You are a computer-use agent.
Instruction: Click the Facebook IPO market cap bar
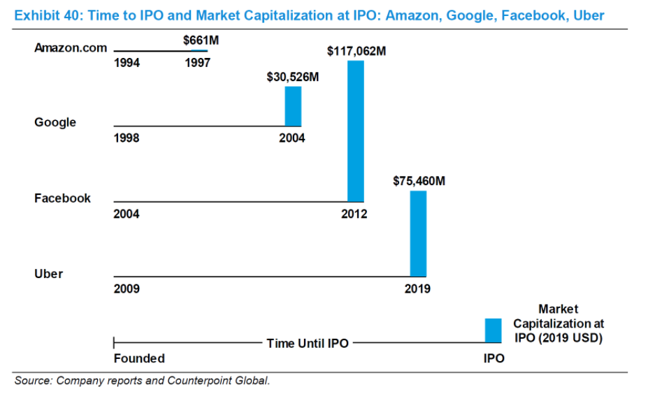[x=356, y=131]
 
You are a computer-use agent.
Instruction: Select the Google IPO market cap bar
[x=293, y=106]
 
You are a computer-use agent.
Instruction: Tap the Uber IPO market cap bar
[x=418, y=233]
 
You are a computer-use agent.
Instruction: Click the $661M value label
[x=201, y=41]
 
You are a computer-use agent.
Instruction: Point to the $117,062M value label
[x=357, y=51]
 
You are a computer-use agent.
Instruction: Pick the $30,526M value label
[x=293, y=77]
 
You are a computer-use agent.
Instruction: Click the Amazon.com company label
[x=71, y=48]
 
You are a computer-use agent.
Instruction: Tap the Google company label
[x=55, y=122]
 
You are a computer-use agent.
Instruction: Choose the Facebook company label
[x=62, y=198]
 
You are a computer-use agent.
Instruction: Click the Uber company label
[x=48, y=274]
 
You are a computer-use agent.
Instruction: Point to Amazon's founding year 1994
[x=127, y=63]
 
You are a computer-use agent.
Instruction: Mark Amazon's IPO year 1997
[x=198, y=63]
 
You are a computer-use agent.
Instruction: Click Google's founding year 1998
[x=127, y=138]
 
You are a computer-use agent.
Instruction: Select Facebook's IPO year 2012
[x=354, y=214]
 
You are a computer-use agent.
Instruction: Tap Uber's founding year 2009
[x=127, y=288]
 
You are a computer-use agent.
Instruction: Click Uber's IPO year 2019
[x=417, y=288]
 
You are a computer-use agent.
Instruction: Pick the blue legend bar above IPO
[x=494, y=330]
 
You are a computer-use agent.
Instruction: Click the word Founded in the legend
[x=139, y=358]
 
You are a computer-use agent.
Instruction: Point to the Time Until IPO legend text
[x=307, y=343]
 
